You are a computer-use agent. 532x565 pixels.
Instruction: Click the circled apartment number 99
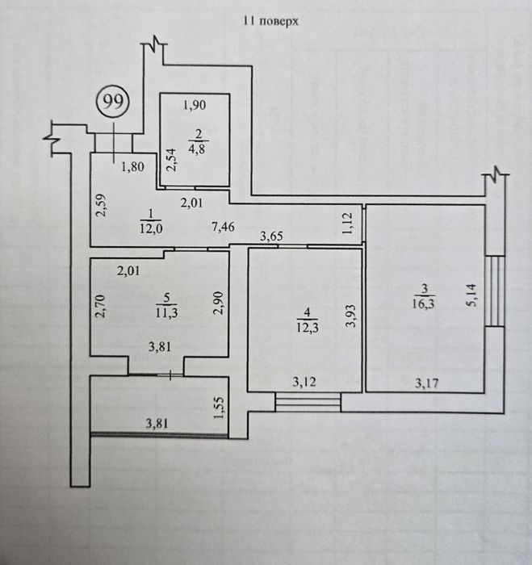click(112, 102)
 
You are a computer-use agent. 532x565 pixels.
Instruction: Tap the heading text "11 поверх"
click(270, 21)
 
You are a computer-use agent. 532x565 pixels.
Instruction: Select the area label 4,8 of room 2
click(197, 149)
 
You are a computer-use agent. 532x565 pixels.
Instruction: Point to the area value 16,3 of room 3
click(424, 303)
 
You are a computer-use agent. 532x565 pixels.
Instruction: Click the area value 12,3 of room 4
click(308, 328)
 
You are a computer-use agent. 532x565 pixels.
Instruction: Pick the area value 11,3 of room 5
click(166, 312)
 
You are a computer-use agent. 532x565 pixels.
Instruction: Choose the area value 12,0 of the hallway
click(151, 228)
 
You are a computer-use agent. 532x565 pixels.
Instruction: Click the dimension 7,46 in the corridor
click(224, 227)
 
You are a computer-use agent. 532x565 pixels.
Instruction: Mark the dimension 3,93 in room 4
click(350, 316)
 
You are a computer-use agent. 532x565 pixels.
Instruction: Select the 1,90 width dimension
click(195, 105)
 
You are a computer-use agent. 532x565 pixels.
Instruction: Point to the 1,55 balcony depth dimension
click(219, 408)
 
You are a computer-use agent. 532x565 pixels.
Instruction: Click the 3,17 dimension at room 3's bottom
click(427, 383)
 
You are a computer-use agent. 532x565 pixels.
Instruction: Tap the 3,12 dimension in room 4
click(304, 382)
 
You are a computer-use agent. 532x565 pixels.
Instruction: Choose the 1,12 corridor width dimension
click(348, 224)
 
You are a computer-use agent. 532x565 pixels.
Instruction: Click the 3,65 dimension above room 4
click(272, 236)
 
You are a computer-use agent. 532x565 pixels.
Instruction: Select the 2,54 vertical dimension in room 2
click(173, 160)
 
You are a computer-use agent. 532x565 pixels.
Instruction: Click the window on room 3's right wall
click(495, 291)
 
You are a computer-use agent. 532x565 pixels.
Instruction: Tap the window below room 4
click(308, 403)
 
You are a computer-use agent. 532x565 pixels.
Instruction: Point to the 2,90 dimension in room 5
click(219, 303)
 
